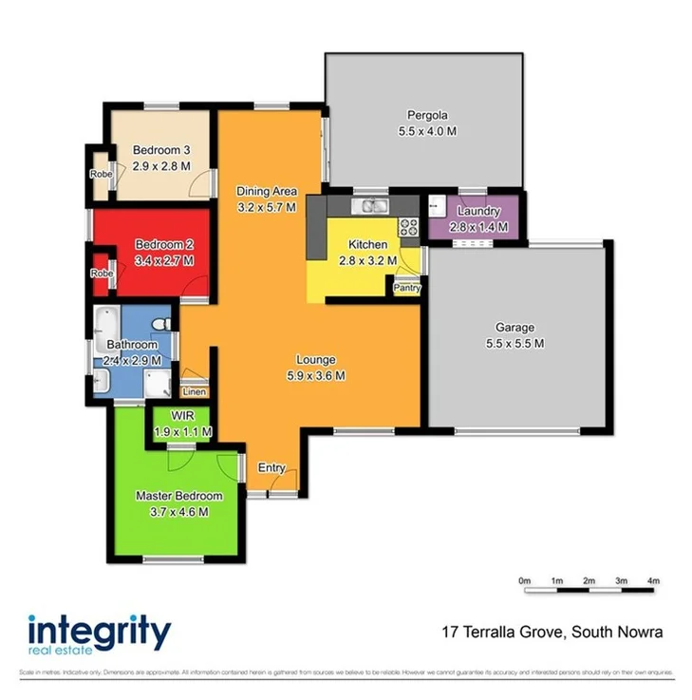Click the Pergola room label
(x=427, y=116)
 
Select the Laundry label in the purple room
(x=472, y=211)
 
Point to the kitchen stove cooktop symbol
(x=409, y=227)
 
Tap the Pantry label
(x=406, y=287)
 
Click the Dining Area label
(x=267, y=191)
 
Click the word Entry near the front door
(x=271, y=467)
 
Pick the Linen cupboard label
(x=194, y=391)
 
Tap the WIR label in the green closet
(x=182, y=416)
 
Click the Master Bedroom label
(x=178, y=496)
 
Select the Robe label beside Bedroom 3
(x=100, y=174)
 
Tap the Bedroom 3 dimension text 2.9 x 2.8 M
(x=161, y=165)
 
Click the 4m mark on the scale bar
(x=653, y=580)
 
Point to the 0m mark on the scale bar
(x=524, y=580)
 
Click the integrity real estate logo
(x=99, y=634)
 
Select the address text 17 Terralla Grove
(x=503, y=631)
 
